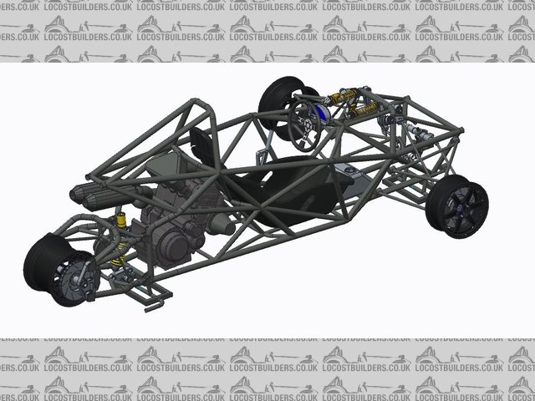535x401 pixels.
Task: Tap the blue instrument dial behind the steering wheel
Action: coord(321,114)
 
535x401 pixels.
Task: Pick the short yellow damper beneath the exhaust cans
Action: coord(121,220)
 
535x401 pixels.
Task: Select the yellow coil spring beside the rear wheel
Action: coord(119,254)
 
